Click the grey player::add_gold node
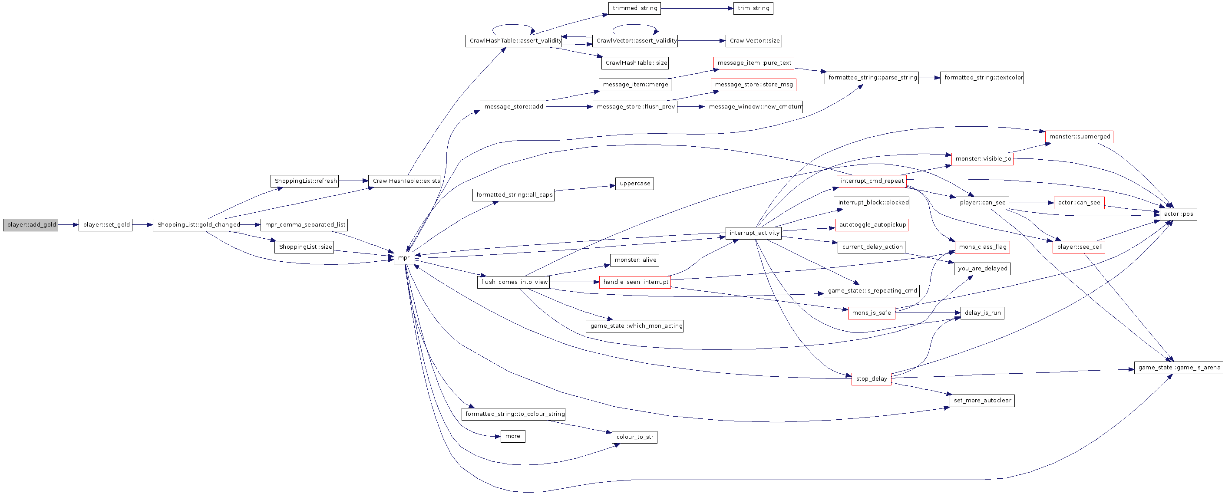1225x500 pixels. coord(30,225)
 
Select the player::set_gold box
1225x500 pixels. coord(106,225)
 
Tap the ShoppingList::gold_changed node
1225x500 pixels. coord(197,225)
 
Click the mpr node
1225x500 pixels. coord(404,258)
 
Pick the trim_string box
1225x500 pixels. coord(753,9)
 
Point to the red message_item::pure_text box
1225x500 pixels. coord(754,63)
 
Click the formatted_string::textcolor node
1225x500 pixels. coord(982,77)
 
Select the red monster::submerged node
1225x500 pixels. coord(1080,137)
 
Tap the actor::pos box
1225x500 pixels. coord(1179,214)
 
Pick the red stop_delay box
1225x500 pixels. coord(871,379)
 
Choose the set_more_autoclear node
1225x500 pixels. coord(982,401)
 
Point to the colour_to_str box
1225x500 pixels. coord(634,437)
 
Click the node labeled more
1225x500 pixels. coord(513,436)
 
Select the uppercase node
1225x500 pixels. coord(634,184)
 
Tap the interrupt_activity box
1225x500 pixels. coord(754,233)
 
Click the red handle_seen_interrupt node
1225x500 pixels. coord(635,282)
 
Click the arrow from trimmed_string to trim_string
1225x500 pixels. coord(697,9)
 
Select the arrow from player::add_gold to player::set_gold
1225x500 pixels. coord(69,225)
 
